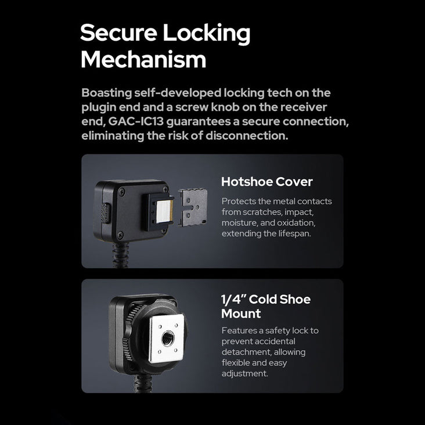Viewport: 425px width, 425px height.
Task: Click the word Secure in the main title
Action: pos(118,33)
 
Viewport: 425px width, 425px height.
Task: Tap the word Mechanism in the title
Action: pos(143,59)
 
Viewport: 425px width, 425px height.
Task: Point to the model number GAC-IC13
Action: pos(136,121)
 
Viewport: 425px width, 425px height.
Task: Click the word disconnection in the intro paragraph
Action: pos(247,135)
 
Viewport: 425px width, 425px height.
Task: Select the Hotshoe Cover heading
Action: pos(267,182)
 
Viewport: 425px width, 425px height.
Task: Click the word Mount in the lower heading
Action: pos(241,314)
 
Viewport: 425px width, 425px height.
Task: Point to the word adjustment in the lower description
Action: pos(245,374)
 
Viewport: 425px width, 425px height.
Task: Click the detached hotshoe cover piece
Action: pos(193,207)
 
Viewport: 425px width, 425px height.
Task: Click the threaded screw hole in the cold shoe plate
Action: pos(167,339)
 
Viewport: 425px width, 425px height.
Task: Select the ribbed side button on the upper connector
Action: pos(106,213)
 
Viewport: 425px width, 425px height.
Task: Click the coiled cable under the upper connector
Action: pos(120,255)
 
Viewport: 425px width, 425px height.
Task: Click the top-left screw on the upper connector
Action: pos(122,192)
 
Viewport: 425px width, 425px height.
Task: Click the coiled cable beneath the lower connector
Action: pos(143,383)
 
